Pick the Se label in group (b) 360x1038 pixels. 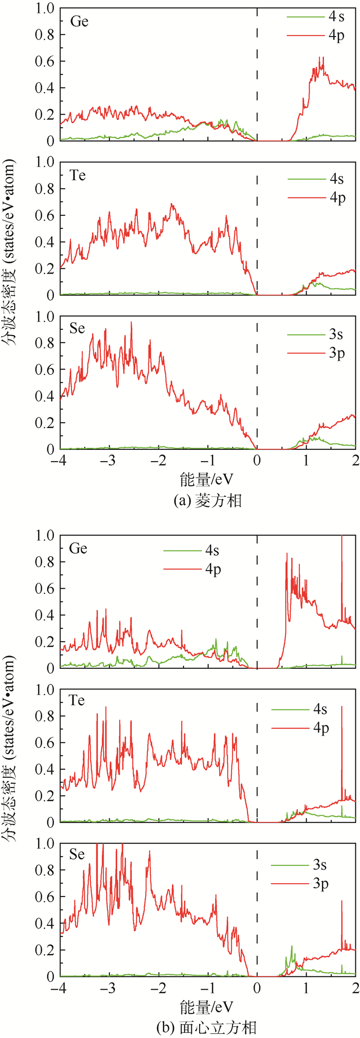point(77,854)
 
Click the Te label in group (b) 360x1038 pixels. point(77,700)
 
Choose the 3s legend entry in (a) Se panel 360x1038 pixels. point(336,335)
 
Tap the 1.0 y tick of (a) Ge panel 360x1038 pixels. point(44,9)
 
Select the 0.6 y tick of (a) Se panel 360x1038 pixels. point(44,370)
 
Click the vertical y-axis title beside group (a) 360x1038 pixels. point(9,252)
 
